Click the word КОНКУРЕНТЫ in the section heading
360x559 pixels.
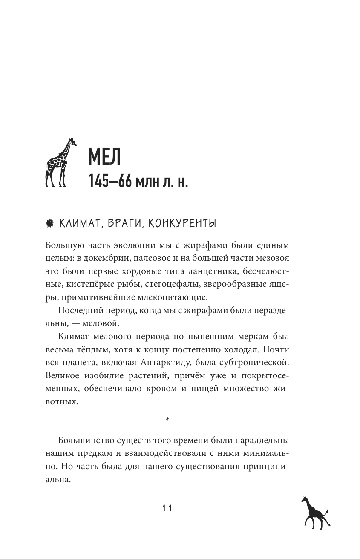click(x=180, y=223)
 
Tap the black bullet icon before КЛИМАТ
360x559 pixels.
click(x=49, y=223)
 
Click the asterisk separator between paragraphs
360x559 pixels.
click(x=167, y=420)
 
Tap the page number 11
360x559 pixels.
click(x=167, y=508)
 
